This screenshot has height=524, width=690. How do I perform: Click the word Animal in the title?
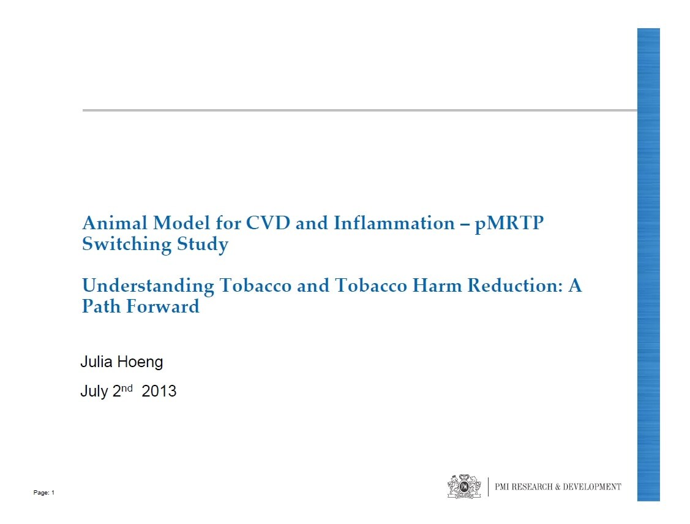pos(115,223)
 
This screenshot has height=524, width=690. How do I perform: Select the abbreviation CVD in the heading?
pos(268,223)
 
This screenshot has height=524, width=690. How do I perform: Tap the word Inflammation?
pos(394,223)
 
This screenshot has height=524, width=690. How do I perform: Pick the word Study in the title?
pos(203,245)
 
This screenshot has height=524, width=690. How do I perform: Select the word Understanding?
pos(148,286)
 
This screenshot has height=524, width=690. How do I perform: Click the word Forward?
pos(163,306)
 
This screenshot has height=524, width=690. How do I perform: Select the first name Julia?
pos(96,362)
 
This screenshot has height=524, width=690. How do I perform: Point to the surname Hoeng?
pos(140,362)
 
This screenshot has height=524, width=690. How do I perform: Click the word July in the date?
pos(94,392)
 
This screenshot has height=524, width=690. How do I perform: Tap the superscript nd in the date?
pos(127,388)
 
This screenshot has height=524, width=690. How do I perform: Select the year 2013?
pos(159,391)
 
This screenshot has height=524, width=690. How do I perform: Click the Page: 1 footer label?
pos(44,493)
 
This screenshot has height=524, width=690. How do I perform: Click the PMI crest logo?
pos(464,486)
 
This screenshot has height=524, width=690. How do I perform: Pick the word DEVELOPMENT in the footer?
pos(592,487)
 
